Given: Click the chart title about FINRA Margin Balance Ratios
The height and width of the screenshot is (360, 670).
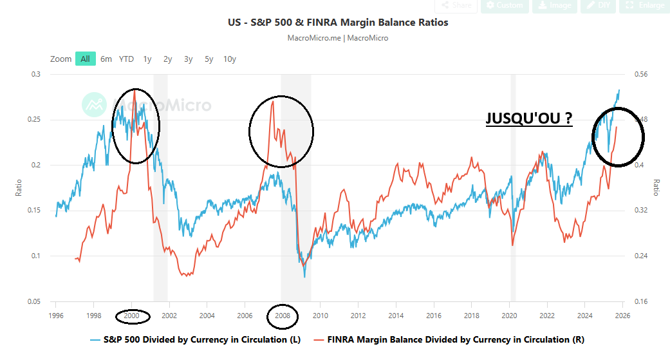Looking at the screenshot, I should pos(338,23).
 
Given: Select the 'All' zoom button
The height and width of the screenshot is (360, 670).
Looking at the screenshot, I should pos(84,59).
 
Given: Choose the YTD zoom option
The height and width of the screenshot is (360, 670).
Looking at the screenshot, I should pos(126,59).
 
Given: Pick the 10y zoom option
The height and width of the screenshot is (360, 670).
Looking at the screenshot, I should pos(229,59).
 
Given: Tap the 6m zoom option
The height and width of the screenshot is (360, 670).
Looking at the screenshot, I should pos(106,59).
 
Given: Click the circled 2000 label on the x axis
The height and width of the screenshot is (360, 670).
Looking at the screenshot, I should pos(132,316).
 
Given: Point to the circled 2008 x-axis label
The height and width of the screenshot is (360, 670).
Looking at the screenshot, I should pos(283,316).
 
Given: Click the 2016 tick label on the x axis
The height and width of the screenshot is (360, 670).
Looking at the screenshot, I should pos(434,316).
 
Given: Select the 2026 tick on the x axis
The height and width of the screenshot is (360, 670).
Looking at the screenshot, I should pos(622,316).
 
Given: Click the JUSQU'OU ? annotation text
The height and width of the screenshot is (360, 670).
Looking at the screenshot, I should pos(528,118).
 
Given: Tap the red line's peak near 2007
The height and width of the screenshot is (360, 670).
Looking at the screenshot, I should pos(273,100).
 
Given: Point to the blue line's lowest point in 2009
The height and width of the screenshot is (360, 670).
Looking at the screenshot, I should pos(304,277).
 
